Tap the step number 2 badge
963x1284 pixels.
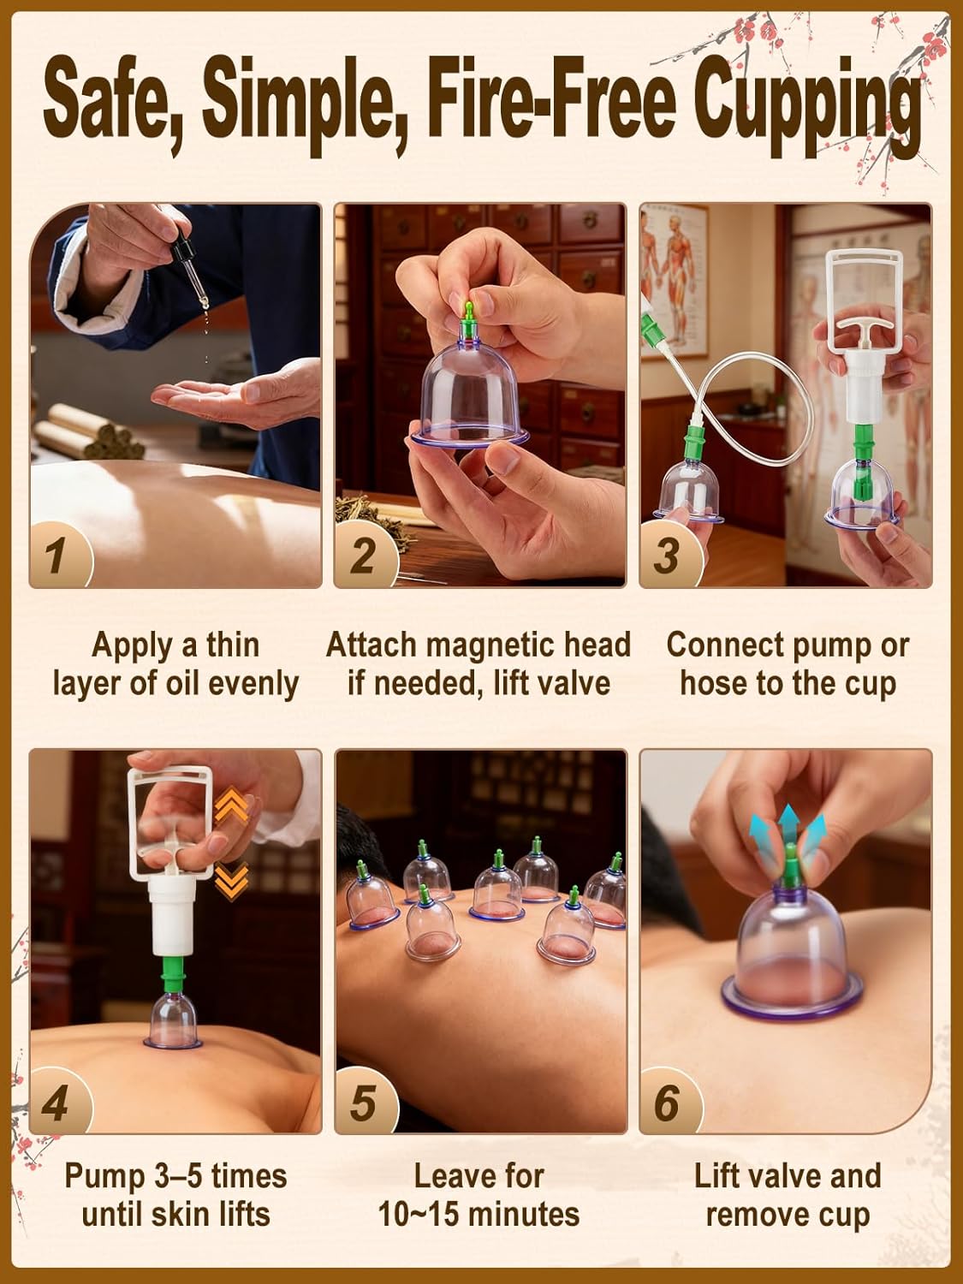tap(363, 555)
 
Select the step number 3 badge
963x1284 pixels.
tap(668, 555)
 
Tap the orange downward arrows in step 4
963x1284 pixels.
tap(232, 878)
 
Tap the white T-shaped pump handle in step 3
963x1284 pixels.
tap(851, 324)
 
